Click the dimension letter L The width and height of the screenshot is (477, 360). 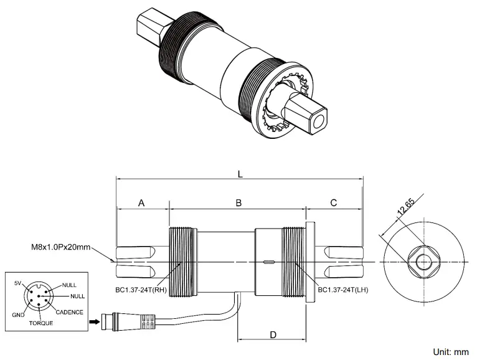(x=240, y=174)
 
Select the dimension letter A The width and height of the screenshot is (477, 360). (x=141, y=202)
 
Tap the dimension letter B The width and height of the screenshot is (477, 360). (x=238, y=202)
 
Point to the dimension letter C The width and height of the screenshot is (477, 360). (x=334, y=202)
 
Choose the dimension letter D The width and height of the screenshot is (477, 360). (x=273, y=334)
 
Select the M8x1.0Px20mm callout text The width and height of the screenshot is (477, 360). (x=60, y=247)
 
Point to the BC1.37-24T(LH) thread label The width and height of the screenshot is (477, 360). (x=344, y=290)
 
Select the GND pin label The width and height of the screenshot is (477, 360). (x=18, y=315)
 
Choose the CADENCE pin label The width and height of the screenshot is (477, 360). (x=68, y=312)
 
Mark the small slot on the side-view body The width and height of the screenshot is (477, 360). (x=268, y=262)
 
